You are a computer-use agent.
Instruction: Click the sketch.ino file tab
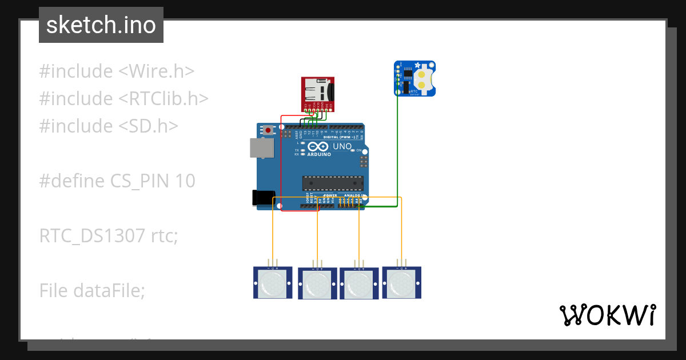pyautogui.click(x=101, y=25)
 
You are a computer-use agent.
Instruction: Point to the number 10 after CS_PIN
pyautogui.click(x=185, y=181)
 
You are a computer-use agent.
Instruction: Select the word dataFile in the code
pyautogui.click(x=109, y=290)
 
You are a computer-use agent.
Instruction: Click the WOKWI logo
pyautogui.click(x=607, y=315)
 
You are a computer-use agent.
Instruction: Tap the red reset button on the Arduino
pyautogui.click(x=268, y=130)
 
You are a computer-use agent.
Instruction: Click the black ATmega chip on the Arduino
pyautogui.click(x=333, y=183)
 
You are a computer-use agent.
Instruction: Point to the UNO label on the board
pyautogui.click(x=342, y=146)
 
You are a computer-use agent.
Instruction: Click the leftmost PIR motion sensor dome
pyautogui.click(x=273, y=283)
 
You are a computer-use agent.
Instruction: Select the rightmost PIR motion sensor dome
pyautogui.click(x=402, y=283)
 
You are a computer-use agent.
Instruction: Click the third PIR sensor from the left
pyautogui.click(x=359, y=283)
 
